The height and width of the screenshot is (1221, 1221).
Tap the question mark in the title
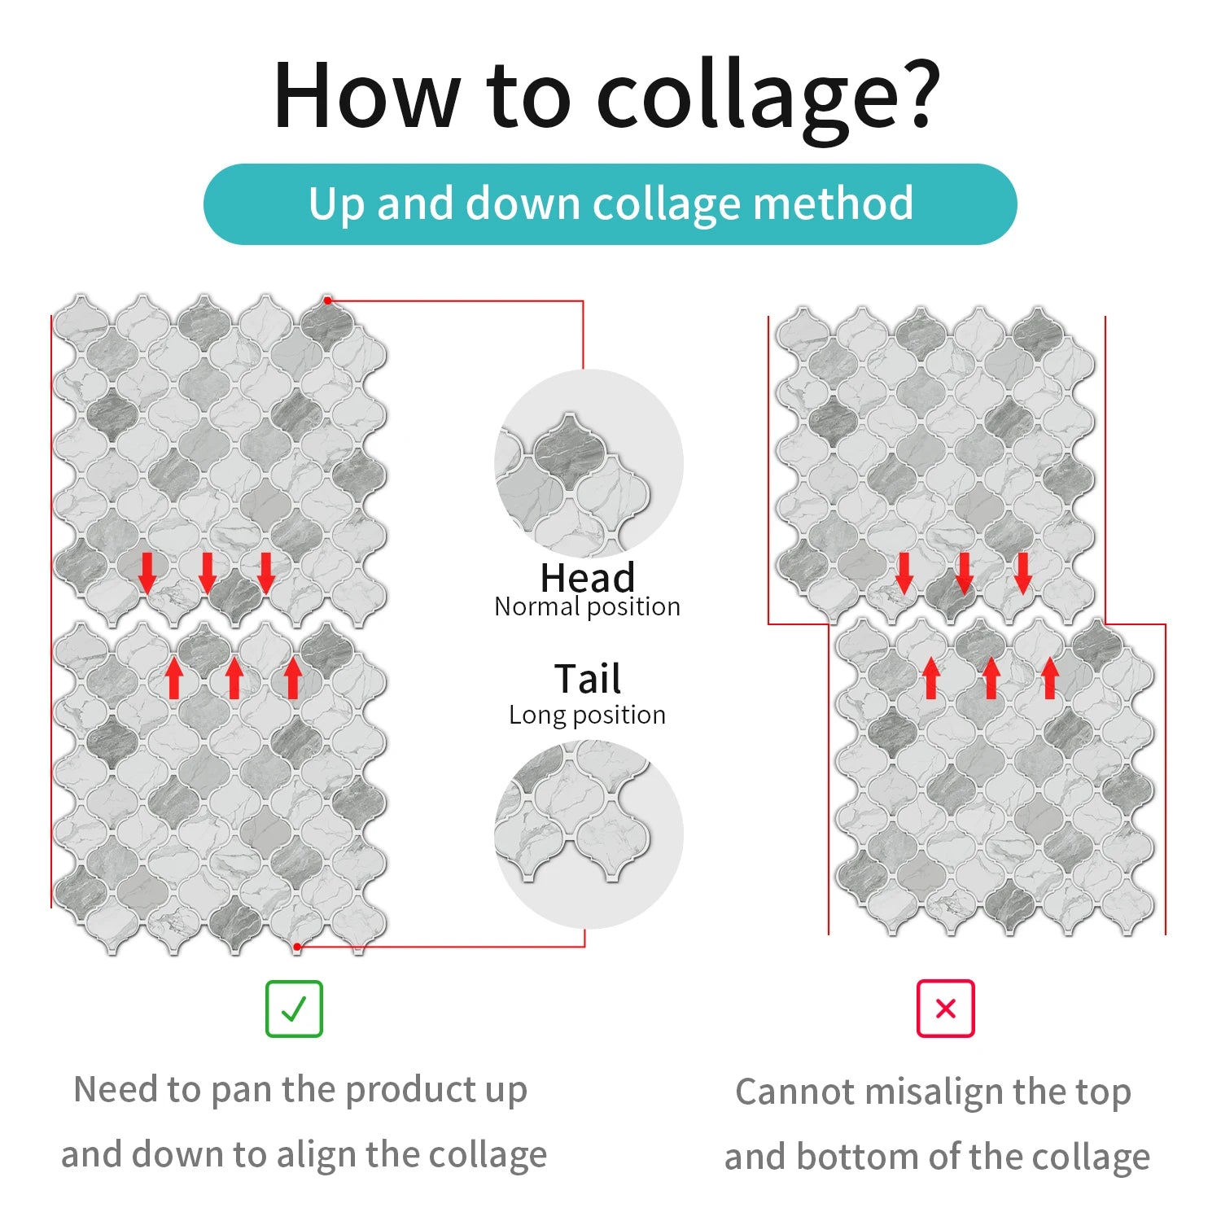pyautogui.click(x=917, y=91)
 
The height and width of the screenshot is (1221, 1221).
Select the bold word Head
pyautogui.click(x=588, y=578)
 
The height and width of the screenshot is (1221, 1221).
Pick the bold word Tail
pyautogui.click(x=588, y=678)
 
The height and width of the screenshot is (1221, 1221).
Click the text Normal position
pyautogui.click(x=587, y=607)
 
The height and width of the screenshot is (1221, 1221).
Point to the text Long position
pyautogui.click(x=587, y=715)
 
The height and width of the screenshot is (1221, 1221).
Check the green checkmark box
pyautogui.click(x=294, y=1009)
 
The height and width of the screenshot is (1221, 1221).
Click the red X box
pyautogui.click(x=945, y=1009)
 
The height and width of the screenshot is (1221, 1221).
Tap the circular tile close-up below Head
pyautogui.click(x=589, y=464)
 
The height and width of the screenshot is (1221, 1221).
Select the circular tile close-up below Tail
pyautogui.click(x=589, y=834)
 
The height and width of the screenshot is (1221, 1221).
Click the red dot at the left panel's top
pyautogui.click(x=328, y=300)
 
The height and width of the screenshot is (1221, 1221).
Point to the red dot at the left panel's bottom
pyautogui.click(x=298, y=946)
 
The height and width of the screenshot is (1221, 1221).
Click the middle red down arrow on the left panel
pyautogui.click(x=207, y=572)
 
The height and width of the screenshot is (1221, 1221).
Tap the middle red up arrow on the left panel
pyautogui.click(x=234, y=678)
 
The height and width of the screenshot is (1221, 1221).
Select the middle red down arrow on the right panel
pyautogui.click(x=964, y=572)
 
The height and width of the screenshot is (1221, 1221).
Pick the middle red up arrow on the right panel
pyautogui.click(x=991, y=678)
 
